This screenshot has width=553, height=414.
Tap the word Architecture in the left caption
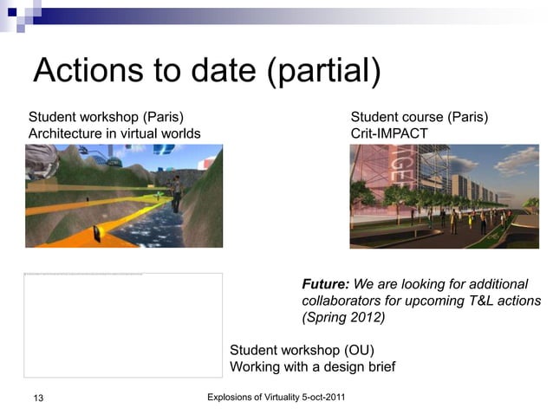66,133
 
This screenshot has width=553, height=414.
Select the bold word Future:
325,284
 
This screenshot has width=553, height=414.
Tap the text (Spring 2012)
343,317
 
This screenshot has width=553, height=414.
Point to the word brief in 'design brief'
378,366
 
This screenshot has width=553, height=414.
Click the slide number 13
37,398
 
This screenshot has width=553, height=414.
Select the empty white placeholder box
123,325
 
